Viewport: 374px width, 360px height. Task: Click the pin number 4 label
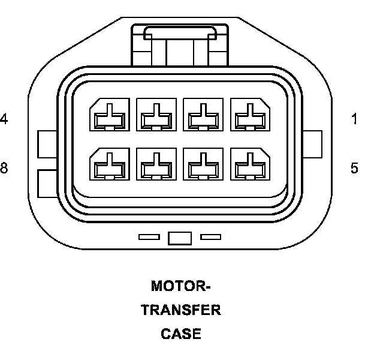point(4,119)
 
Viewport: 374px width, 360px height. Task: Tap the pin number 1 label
point(355,119)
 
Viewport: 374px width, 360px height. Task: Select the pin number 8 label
point(4,168)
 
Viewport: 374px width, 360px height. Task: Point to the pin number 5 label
point(355,168)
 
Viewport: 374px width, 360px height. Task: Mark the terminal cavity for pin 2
point(203,115)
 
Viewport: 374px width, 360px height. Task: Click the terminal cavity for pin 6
point(203,165)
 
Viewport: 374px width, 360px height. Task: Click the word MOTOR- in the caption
point(180,286)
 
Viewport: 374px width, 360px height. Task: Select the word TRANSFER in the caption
point(180,310)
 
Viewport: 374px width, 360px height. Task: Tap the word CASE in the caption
point(180,334)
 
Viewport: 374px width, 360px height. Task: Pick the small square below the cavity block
point(180,238)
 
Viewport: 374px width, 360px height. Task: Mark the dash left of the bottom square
point(149,238)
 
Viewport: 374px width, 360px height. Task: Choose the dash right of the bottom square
point(210,238)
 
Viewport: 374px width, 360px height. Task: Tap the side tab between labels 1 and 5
point(313,143)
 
